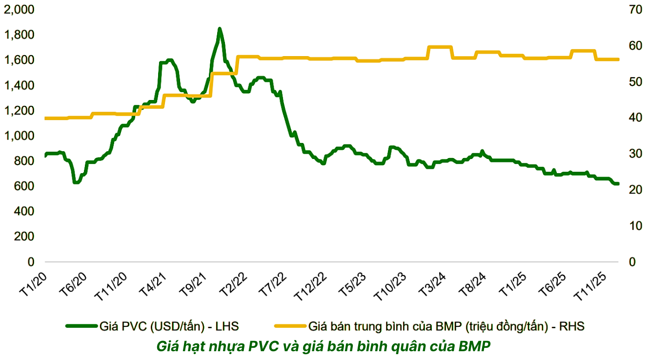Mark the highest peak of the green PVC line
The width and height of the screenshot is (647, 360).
click(220, 29)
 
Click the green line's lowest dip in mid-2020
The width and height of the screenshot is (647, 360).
click(76, 182)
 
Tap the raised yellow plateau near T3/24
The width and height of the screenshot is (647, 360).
click(440, 47)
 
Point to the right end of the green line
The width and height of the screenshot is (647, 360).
click(618, 183)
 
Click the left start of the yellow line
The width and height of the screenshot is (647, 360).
click(46, 118)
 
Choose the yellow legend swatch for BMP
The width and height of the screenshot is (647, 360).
click(291, 326)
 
